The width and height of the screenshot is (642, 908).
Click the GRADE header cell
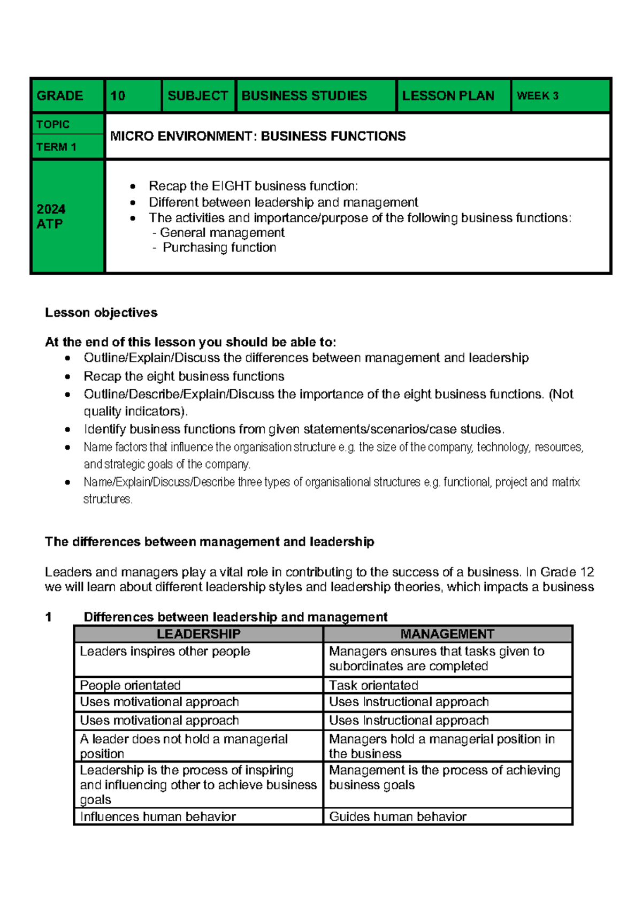(60, 96)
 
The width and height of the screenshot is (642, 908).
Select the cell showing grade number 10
(118, 96)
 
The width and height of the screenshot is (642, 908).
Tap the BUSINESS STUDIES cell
(304, 96)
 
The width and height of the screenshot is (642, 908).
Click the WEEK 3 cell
(537, 96)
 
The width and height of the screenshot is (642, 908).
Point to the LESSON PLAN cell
(448, 96)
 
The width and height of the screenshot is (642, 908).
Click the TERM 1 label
(56, 147)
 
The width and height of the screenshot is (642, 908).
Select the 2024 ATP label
(51, 216)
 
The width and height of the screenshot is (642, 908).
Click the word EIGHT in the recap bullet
(231, 186)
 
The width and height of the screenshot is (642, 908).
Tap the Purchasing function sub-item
(219, 247)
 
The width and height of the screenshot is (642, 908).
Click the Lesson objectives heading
(101, 313)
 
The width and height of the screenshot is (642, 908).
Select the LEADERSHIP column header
(198, 634)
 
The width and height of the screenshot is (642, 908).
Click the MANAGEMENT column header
(447, 634)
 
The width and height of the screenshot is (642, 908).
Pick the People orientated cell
(130, 685)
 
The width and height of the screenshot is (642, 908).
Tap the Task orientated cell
(373, 685)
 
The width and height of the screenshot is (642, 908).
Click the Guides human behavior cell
(398, 816)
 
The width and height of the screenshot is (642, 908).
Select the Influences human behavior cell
(158, 816)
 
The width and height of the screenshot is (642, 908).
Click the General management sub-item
(222, 233)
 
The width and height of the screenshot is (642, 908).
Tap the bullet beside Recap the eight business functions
(67, 376)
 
